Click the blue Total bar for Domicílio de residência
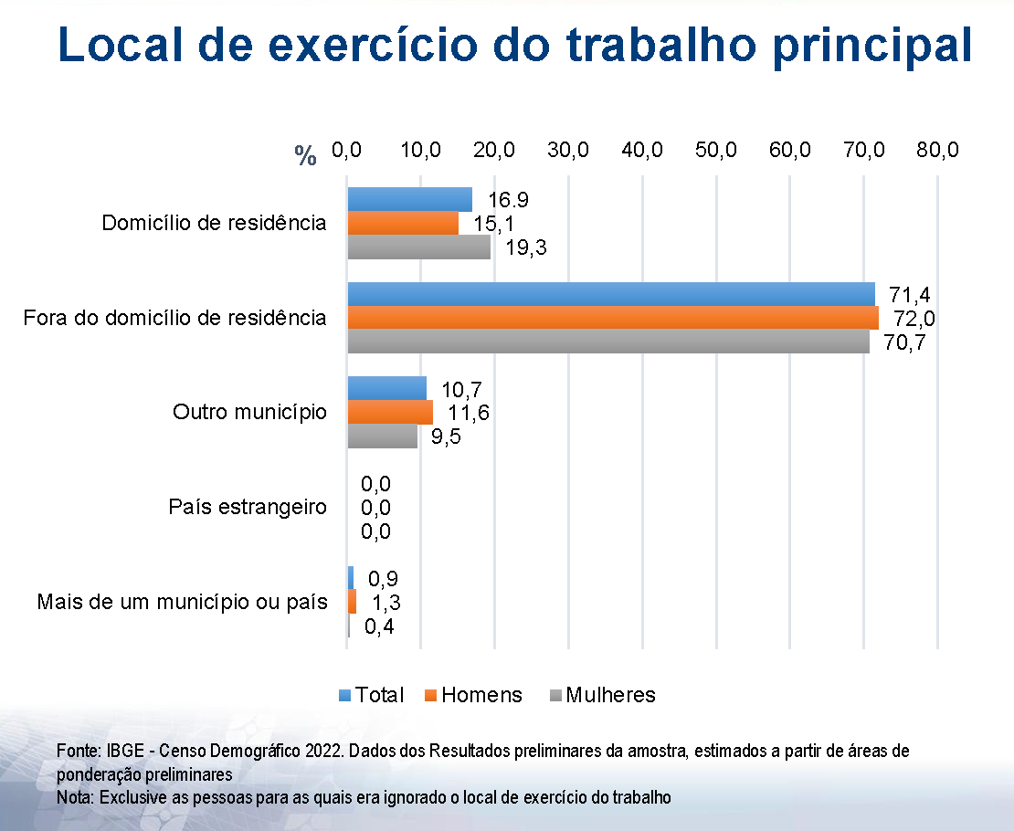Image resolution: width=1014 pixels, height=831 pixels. (x=409, y=199)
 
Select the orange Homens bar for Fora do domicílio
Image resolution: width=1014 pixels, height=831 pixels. (x=612, y=318)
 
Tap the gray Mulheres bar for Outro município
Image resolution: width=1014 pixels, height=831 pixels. (x=382, y=436)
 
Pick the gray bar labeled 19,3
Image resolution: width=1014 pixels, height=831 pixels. (x=418, y=247)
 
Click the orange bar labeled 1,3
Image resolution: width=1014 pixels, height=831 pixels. (x=352, y=602)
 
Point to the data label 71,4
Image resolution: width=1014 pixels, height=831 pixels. (x=910, y=294)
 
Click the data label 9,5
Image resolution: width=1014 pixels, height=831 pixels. (x=446, y=437)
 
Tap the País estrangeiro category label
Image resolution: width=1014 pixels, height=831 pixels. (x=248, y=507)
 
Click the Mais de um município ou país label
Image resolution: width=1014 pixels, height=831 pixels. (x=182, y=602)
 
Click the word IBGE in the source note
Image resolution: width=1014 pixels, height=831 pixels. (x=122, y=751)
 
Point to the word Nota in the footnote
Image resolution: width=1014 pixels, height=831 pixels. (x=74, y=796)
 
